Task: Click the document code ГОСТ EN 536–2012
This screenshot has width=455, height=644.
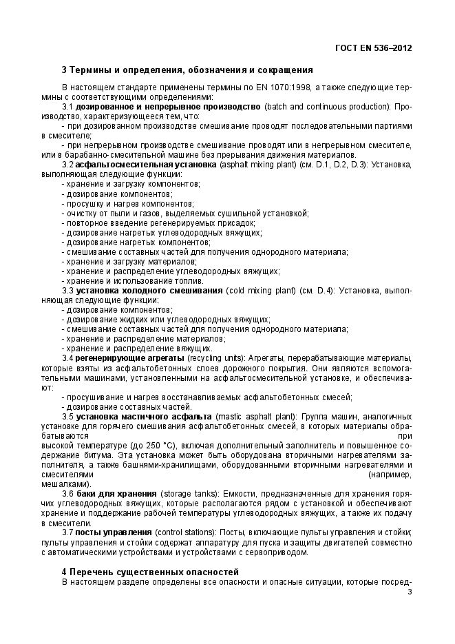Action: pos(374,48)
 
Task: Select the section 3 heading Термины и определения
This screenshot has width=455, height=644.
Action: pos(187,70)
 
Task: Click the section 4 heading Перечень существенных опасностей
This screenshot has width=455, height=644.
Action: pos(150,572)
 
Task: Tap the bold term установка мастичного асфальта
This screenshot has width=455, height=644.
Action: pos(143,417)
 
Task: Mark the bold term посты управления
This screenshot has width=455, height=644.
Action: pos(113,533)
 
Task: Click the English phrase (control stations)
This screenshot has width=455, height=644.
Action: pos(184,533)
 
